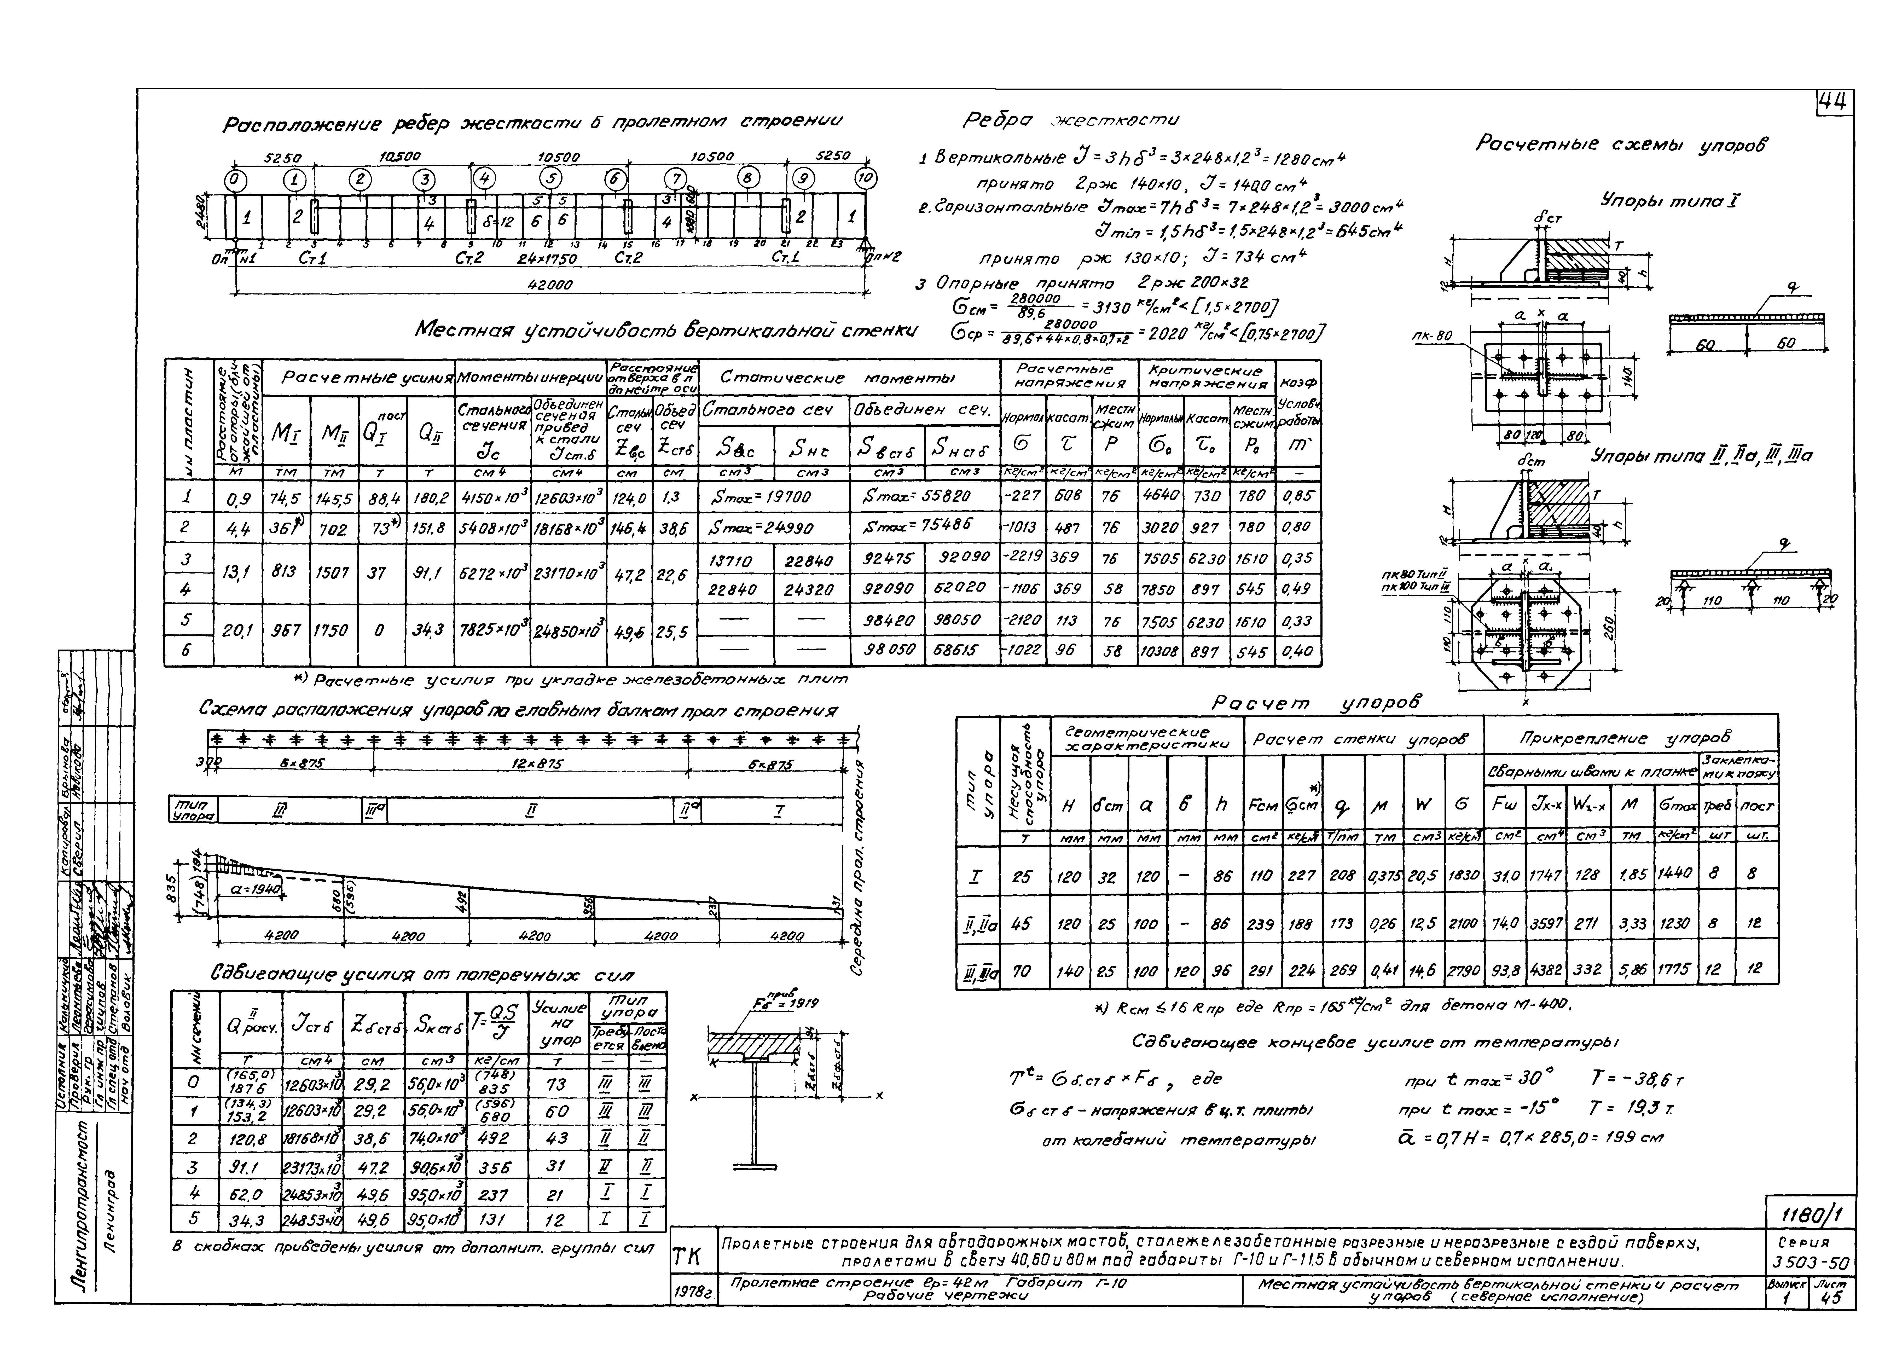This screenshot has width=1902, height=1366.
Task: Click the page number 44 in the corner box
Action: click(x=1835, y=102)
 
